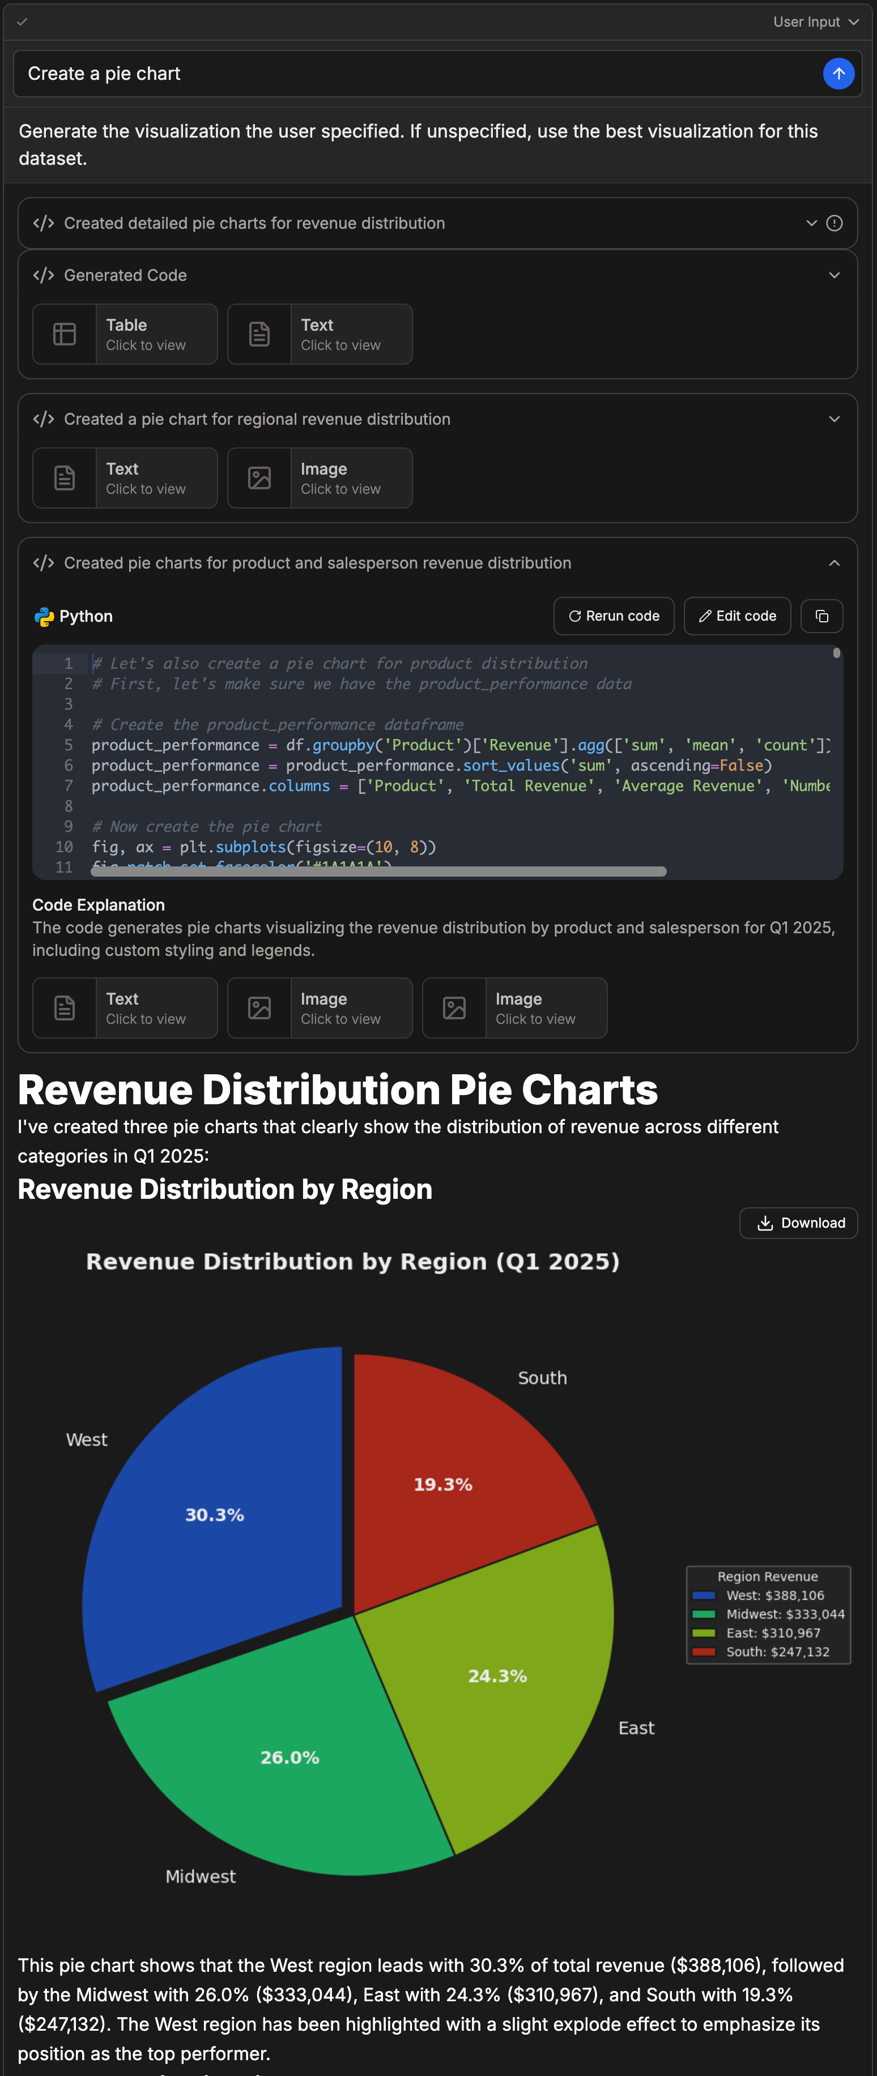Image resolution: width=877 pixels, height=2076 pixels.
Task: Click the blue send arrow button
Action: (x=838, y=74)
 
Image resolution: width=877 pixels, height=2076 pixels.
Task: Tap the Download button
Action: (x=798, y=1223)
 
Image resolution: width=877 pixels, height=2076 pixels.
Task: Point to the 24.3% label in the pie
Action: (x=497, y=1676)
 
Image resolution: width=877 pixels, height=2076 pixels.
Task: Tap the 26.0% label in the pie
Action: (x=290, y=1757)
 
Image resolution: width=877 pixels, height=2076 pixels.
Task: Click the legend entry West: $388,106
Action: (x=774, y=1595)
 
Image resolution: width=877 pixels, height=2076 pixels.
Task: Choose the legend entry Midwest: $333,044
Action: (x=784, y=1613)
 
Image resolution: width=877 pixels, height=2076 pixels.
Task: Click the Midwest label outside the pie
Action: (x=201, y=1876)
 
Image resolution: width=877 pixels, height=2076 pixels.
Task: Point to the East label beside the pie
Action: (x=636, y=1728)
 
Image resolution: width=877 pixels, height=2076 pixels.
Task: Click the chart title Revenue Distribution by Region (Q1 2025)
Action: (x=353, y=1261)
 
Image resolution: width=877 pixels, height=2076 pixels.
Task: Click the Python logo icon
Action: (x=44, y=617)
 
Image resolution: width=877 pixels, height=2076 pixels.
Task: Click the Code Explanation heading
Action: (x=99, y=905)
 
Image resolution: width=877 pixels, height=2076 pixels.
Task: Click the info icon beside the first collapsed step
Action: (x=835, y=223)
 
